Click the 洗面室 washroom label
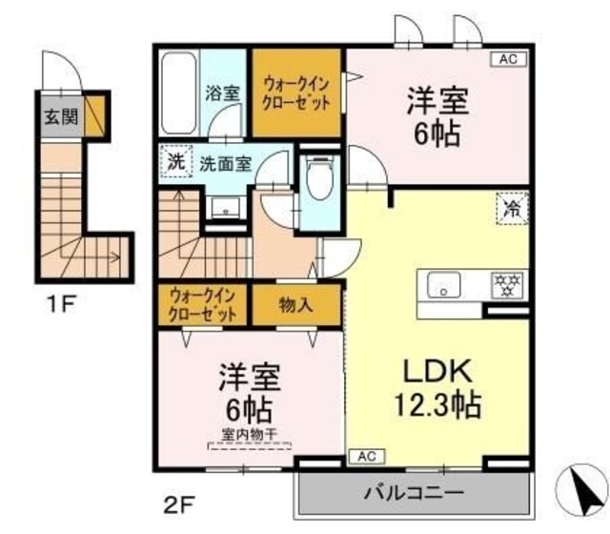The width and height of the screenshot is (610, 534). pos(225,162)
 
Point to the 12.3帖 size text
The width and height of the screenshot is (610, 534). pos(436,406)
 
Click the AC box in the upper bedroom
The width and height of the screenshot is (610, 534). pos(507,60)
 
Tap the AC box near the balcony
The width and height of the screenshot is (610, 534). pos(367,457)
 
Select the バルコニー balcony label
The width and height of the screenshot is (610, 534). pos(414,494)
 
